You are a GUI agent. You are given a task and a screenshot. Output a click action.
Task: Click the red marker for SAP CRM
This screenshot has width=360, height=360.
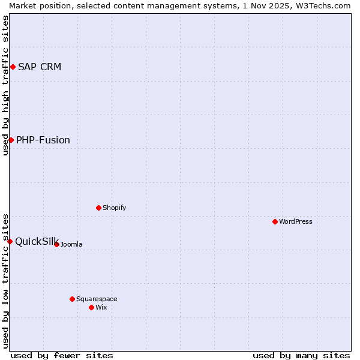tap(13, 67)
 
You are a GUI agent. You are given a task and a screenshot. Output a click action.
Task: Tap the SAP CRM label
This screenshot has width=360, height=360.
tap(40, 67)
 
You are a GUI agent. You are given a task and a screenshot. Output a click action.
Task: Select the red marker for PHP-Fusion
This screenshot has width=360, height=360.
tap(11, 140)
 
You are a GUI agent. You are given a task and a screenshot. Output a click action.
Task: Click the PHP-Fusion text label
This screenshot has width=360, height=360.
tap(43, 140)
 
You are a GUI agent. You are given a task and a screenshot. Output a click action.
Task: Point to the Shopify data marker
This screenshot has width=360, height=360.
tap(98, 208)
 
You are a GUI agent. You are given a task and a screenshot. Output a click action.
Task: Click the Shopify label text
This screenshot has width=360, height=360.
tap(114, 208)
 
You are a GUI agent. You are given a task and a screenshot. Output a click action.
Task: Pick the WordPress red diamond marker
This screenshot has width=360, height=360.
tap(275, 221)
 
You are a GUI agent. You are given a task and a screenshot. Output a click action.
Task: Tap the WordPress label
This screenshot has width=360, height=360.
tap(296, 221)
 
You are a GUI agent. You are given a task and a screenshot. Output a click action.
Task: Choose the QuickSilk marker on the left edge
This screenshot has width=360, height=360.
tap(10, 241)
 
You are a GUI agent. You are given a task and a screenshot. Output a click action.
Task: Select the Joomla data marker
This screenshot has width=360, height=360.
tap(56, 244)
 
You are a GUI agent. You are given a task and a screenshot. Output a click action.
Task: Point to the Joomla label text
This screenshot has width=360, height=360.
tap(71, 244)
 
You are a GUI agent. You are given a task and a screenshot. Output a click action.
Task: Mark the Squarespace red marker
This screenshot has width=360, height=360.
tap(72, 299)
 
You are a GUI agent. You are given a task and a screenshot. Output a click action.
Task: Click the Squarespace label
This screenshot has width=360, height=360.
tap(97, 299)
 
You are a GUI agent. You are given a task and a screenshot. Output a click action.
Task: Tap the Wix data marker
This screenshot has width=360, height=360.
tap(91, 307)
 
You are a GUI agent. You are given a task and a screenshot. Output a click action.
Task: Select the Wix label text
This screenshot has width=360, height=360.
tap(101, 307)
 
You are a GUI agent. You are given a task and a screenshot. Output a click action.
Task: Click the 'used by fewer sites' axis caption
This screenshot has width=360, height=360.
tap(62, 355)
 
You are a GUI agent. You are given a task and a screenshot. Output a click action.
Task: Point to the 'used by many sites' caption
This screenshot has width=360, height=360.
tap(301, 355)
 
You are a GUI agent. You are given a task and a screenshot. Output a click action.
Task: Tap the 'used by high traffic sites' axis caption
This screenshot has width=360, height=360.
tap(5, 86)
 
